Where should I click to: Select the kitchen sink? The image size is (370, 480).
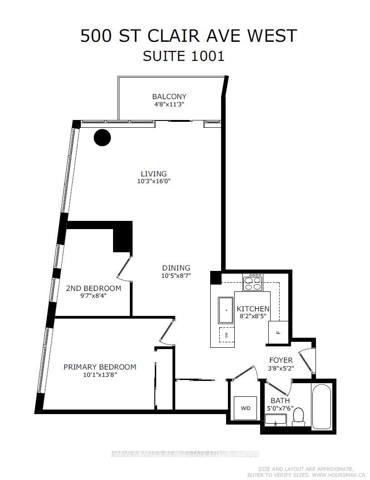point(226,310)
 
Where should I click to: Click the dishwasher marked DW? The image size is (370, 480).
point(227,335)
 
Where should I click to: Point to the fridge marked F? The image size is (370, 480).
point(278,332)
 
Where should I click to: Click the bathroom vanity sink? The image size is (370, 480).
point(276,420)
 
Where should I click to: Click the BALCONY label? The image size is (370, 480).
point(169,96)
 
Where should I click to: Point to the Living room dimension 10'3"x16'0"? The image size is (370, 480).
point(153,181)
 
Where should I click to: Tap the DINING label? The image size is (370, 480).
point(176,268)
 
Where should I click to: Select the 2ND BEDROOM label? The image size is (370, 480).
point(94,288)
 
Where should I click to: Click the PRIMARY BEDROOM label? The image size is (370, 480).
point(100,367)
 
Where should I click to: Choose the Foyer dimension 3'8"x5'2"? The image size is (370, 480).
point(281,368)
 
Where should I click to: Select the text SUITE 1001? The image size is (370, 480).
point(184,56)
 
